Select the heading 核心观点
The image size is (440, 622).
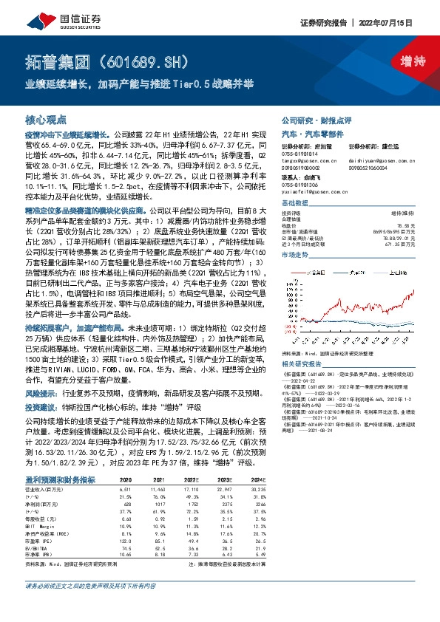pyautogui.click(x=46, y=119)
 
